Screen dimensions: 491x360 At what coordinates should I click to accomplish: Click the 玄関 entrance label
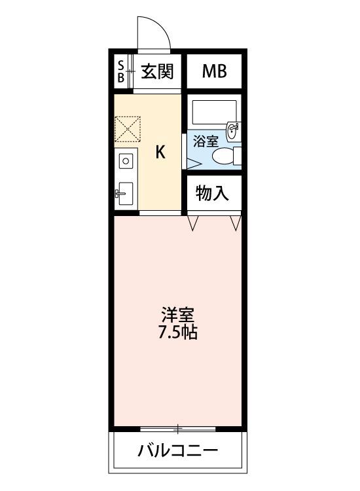[x=158, y=71]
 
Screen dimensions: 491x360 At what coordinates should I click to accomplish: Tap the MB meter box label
[x=214, y=71]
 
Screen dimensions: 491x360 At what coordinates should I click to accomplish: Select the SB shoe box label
[x=121, y=71]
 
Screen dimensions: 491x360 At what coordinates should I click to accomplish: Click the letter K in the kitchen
[x=160, y=153]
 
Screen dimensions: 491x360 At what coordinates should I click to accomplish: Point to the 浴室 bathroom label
[x=206, y=140]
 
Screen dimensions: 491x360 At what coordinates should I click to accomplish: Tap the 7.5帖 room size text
[x=179, y=333]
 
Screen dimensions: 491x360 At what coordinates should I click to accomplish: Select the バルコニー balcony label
[x=177, y=451]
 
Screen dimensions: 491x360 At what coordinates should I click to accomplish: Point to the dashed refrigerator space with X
[x=127, y=128]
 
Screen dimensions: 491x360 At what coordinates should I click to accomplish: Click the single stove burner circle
[x=126, y=160]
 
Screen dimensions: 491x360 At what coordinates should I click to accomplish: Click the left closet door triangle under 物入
[x=193, y=224]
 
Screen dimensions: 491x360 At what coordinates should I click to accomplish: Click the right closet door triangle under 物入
[x=236, y=224]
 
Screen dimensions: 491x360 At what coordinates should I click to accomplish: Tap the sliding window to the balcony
[x=178, y=429]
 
